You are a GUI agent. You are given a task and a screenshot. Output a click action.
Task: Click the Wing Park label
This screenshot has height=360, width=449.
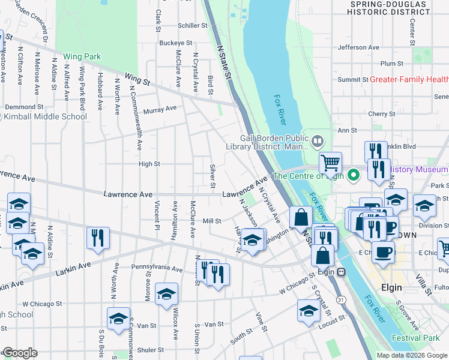[x=82, y=57]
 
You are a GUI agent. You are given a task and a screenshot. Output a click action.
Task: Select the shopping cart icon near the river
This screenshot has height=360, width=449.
[x=330, y=161]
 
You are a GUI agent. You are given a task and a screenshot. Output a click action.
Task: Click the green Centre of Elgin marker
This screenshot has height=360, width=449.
[x=354, y=176]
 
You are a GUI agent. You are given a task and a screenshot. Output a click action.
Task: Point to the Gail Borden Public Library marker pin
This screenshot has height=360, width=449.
[x=318, y=142]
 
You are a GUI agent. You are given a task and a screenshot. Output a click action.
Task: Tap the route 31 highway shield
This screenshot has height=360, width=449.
[x=340, y=299]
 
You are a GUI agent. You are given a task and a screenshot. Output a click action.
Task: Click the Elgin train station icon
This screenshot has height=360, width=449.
[x=342, y=271]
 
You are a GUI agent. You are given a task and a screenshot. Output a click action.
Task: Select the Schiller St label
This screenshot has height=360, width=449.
[x=192, y=26]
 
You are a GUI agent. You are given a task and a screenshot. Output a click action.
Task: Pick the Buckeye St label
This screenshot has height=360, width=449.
[x=175, y=43]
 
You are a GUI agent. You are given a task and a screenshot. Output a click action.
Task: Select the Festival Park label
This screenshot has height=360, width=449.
[x=415, y=338]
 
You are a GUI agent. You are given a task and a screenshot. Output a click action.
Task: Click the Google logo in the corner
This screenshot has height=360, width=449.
[x=19, y=353]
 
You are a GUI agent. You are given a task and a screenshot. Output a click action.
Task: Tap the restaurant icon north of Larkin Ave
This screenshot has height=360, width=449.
[x=97, y=238]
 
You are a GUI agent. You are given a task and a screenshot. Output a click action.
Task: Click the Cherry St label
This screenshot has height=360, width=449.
[x=381, y=113]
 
